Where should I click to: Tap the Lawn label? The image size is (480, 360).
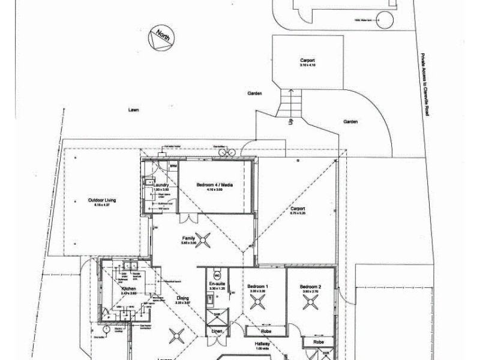click(x=134, y=110)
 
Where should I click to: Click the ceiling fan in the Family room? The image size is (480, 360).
click(x=204, y=241)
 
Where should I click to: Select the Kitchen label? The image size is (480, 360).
click(x=129, y=289)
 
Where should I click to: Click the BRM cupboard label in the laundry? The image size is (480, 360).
click(x=173, y=166)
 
